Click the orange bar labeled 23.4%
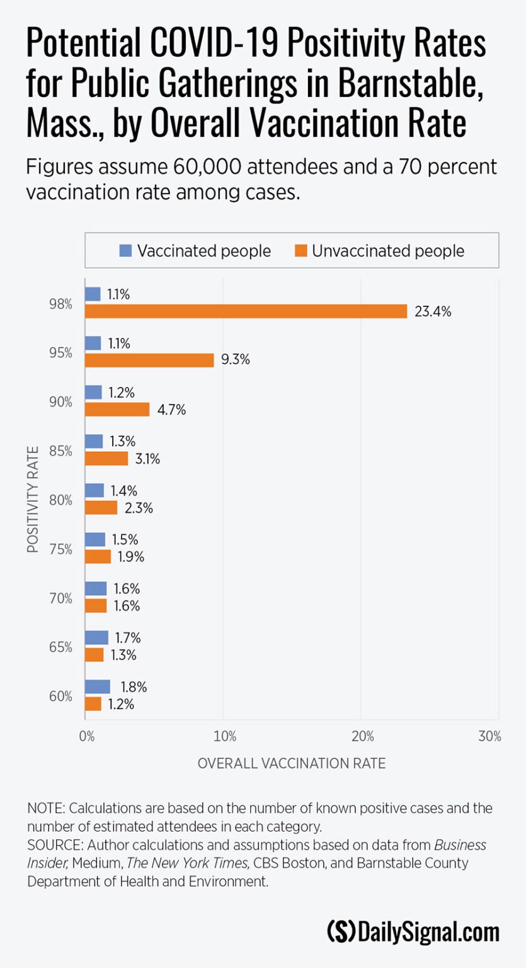coord(246,311)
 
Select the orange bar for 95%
coord(150,360)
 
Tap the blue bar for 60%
coord(98,686)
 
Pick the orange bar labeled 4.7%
coord(117,409)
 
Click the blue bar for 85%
coord(94,441)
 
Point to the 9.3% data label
coord(236,360)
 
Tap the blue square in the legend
coord(125,251)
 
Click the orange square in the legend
coord(300,251)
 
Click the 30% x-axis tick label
coord(490,736)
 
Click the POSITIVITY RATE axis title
coord(33,500)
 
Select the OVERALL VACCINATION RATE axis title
coord(292,763)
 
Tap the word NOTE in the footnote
coord(46,808)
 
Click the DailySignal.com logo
coord(413,931)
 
